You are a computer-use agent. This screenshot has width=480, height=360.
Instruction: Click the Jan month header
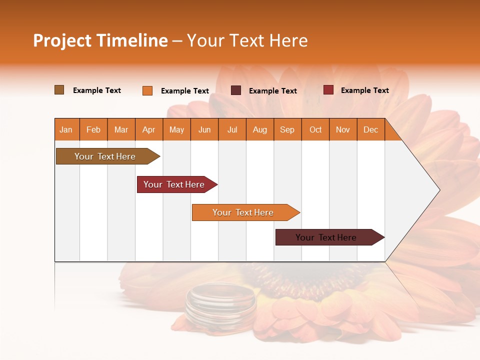point(66,129)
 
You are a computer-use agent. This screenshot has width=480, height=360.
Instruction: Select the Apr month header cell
point(149,129)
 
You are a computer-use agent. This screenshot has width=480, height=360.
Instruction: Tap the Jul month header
point(232,129)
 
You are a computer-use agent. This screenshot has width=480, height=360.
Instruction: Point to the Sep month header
point(287,129)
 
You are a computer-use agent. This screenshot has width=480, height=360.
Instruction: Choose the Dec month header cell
point(370,129)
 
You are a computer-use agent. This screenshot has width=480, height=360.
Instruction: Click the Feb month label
point(93,129)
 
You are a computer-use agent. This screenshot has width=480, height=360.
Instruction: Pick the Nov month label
point(343,129)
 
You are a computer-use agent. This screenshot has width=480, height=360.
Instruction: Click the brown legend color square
point(59,90)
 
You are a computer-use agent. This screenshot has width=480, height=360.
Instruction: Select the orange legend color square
point(147,90)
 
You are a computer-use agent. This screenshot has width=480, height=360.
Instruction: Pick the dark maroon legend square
point(236,90)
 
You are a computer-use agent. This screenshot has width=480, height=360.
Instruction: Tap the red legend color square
point(328,90)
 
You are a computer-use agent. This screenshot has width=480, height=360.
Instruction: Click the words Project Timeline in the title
point(100,40)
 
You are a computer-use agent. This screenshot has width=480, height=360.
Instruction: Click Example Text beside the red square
point(364,90)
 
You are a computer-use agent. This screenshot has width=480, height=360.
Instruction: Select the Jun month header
point(204,129)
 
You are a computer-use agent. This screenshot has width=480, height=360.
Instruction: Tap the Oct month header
point(315,129)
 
